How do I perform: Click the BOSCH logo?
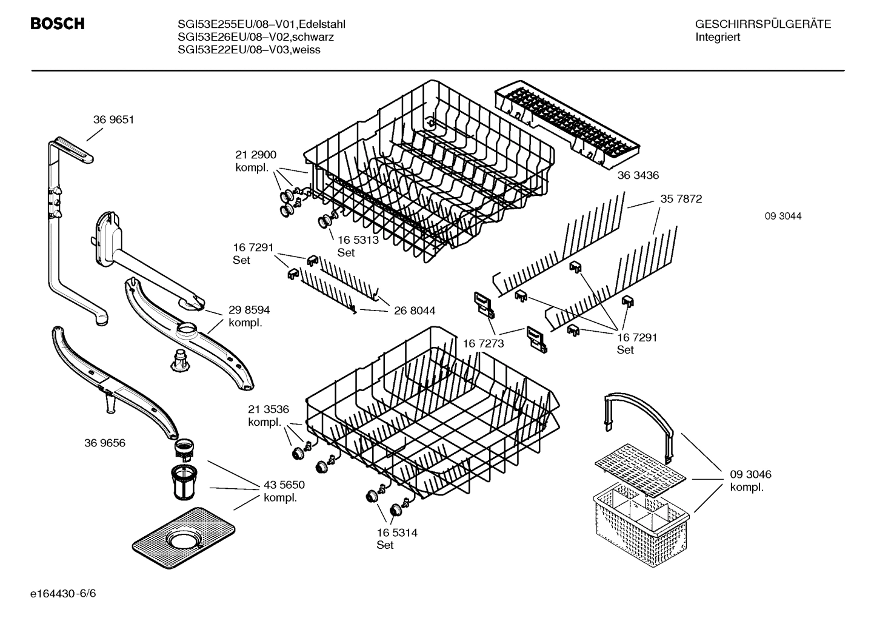click(x=57, y=24)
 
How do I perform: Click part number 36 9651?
click(x=113, y=120)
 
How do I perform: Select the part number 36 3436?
click(x=638, y=175)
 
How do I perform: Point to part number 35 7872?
click(x=681, y=199)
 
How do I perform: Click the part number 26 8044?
click(x=414, y=311)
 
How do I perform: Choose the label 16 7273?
click(x=483, y=344)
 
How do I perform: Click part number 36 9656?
click(x=104, y=443)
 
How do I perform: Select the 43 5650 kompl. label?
click(x=284, y=491)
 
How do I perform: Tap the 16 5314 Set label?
click(x=396, y=539)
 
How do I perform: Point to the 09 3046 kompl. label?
click(x=750, y=481)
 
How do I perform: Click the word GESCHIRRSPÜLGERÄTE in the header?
click(x=762, y=25)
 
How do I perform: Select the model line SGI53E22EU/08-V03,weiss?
click(x=249, y=50)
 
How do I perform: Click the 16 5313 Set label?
click(x=358, y=246)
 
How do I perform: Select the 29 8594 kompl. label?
click(x=249, y=317)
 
